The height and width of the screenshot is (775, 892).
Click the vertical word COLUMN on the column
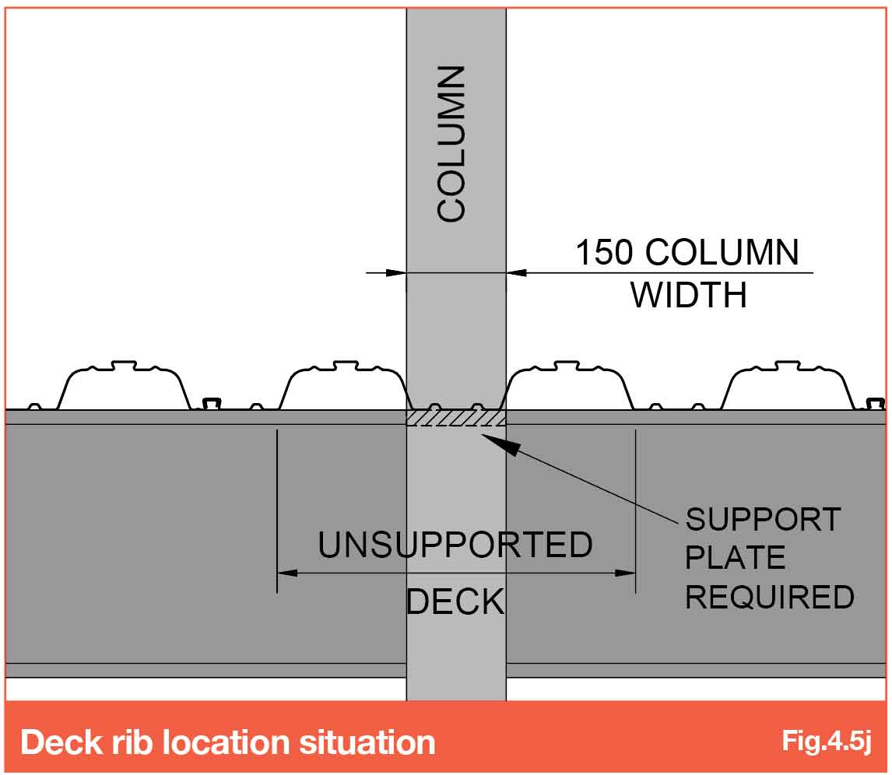[451, 143]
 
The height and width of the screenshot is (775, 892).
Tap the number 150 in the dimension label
[603, 252]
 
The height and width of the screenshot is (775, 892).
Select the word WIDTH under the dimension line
[688, 295]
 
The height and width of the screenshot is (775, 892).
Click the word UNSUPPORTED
[455, 544]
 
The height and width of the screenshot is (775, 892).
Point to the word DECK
[455, 601]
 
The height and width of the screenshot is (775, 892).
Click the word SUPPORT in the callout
[763, 519]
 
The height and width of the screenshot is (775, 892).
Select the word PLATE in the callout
[735, 557]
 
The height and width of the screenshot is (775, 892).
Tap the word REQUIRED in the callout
[770, 597]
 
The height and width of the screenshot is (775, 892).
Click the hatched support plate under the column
[455, 418]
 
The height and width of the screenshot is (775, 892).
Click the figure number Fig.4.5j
[826, 741]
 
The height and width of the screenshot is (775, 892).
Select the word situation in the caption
[367, 742]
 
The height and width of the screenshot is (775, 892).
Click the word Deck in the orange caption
[58, 742]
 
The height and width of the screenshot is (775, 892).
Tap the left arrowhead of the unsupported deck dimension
[286, 573]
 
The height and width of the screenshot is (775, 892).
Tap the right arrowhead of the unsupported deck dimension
[625, 573]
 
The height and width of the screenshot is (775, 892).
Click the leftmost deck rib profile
[124, 384]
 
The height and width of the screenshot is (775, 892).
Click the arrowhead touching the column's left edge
[396, 273]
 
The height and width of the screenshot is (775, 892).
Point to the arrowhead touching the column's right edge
[517, 273]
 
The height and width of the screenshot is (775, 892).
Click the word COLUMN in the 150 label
[722, 252]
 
